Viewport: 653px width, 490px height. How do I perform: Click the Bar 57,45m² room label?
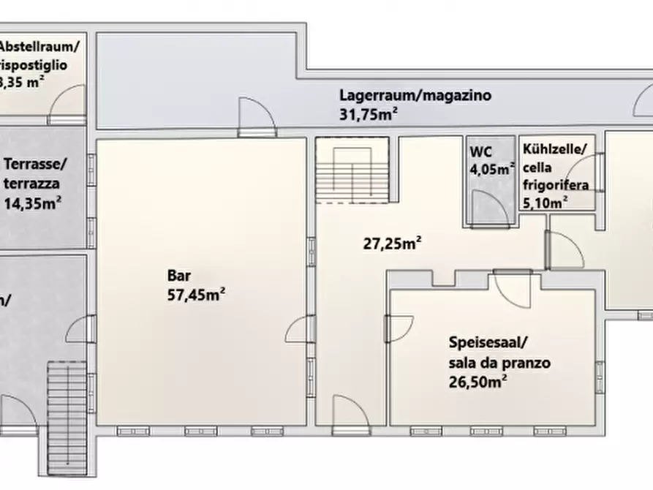pos(195,285)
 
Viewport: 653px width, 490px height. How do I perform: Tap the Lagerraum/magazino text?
pos(415,95)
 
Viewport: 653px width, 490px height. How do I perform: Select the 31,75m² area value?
pos(369,113)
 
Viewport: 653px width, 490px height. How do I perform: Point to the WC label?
pos(481,153)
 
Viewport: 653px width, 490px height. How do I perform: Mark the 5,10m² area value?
pos(546,203)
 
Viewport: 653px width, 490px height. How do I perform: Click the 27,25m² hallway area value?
pos(392,244)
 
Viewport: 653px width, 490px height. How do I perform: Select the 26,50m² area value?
pos(478,381)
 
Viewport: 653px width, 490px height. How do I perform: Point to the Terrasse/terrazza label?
pos(34,173)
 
